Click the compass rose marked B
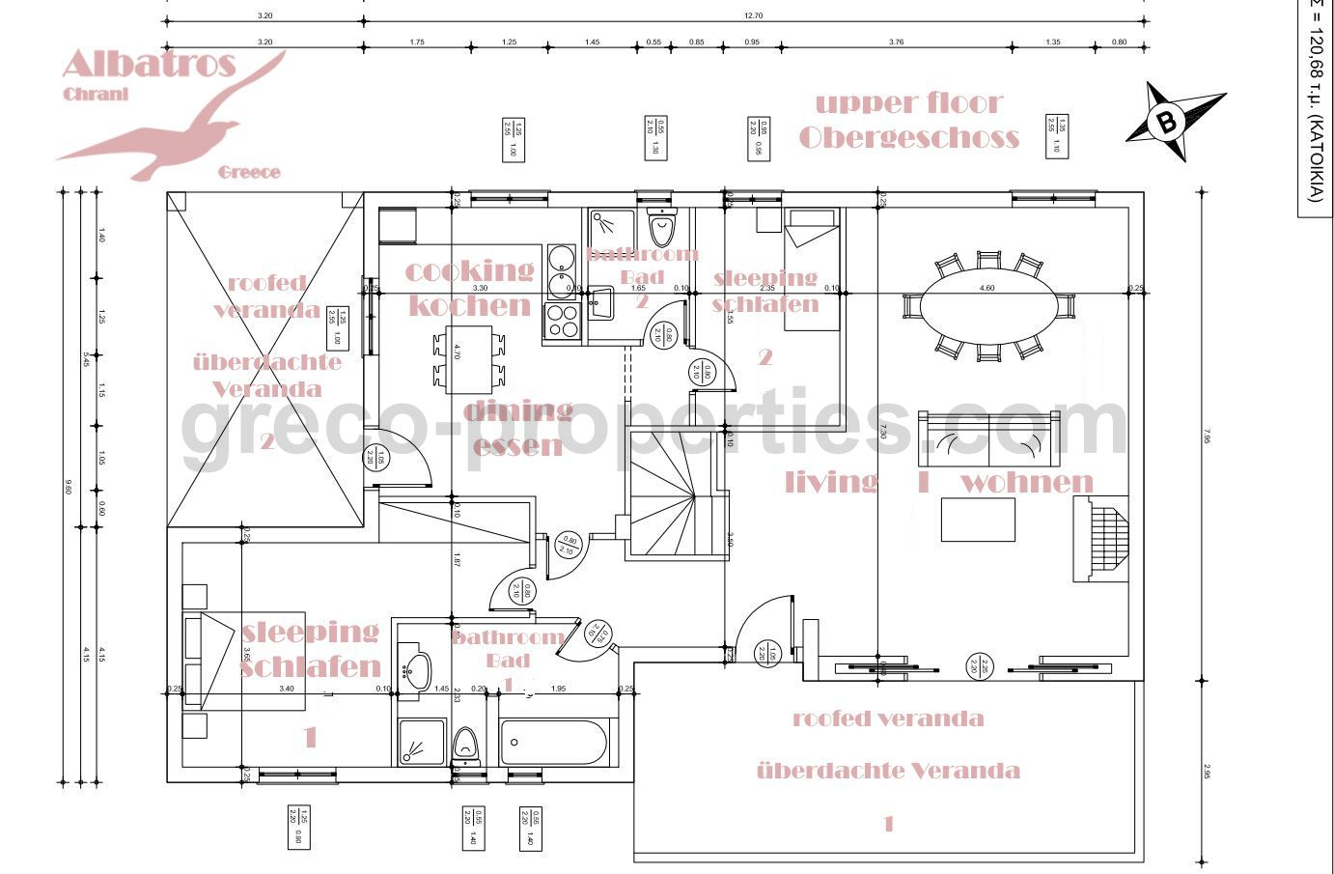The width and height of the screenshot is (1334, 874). (1168, 123)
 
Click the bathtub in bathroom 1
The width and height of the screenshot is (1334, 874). (554, 744)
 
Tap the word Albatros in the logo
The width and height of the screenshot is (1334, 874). (149, 65)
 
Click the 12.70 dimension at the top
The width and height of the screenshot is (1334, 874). (754, 16)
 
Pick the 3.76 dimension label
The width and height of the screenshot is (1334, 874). (896, 42)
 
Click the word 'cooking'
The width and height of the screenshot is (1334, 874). (469, 270)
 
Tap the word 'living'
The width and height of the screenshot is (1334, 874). (831, 482)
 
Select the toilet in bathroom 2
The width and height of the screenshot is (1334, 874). (663, 229)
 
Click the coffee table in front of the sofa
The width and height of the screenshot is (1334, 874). (978, 520)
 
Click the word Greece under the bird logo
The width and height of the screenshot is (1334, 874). (249, 173)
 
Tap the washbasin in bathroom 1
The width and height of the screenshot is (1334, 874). (418, 668)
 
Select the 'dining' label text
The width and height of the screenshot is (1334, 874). (517, 411)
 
